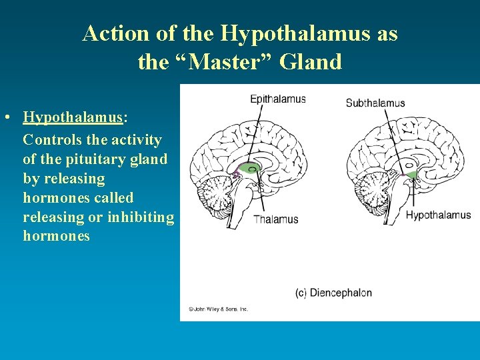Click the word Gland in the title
(311, 62)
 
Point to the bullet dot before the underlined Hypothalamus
(5, 118)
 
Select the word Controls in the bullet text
(53, 140)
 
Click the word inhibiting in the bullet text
(141, 217)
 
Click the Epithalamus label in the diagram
(277, 99)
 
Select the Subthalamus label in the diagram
(375, 103)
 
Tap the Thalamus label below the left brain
(275, 219)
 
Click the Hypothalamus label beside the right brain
(438, 215)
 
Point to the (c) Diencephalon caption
(333, 293)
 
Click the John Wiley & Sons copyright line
(219, 309)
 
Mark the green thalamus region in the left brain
(248, 167)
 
